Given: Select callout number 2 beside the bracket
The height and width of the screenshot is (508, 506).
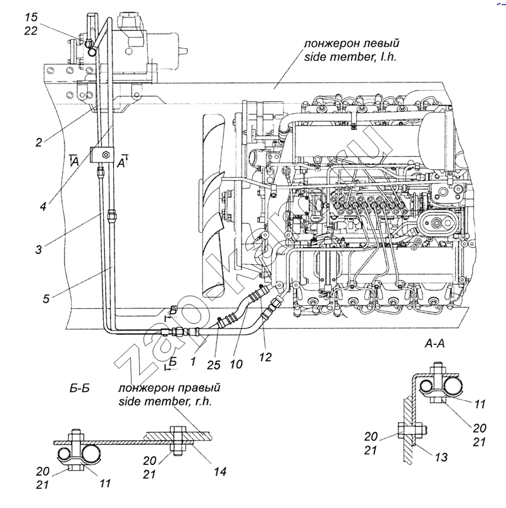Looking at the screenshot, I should (x=39, y=142).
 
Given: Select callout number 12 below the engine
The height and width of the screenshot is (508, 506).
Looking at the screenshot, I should (x=265, y=357).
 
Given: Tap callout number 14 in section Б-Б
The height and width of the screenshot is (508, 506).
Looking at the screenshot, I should (x=219, y=471).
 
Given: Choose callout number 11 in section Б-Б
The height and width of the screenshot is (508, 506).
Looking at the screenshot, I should (x=106, y=483).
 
